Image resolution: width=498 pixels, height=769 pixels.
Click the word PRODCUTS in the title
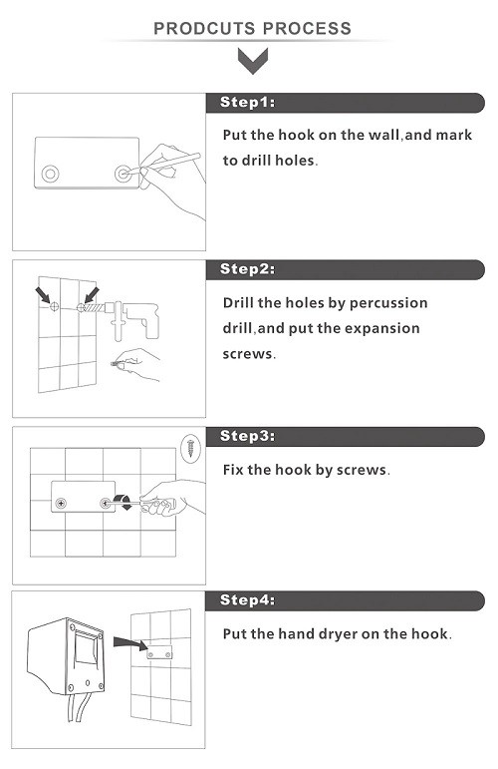point(201,29)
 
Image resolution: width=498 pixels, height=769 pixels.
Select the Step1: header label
point(247,102)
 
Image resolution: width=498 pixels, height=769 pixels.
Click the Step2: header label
point(247,268)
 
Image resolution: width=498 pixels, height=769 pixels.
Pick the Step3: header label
point(247,436)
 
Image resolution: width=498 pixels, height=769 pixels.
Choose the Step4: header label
point(247,599)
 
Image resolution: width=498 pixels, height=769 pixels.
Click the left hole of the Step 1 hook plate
point(51,174)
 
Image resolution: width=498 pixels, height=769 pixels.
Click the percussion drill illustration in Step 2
point(128,319)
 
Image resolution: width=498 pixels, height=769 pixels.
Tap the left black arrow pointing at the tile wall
point(43,295)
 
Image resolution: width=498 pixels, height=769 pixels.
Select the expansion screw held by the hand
point(118,365)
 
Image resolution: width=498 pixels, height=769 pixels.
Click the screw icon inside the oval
point(190,448)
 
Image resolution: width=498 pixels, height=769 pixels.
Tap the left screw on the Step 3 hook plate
point(61,503)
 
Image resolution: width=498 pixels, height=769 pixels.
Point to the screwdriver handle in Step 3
point(159,505)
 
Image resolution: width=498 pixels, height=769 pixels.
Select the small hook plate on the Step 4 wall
point(159,653)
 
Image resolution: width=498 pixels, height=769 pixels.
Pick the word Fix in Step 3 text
point(233,470)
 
